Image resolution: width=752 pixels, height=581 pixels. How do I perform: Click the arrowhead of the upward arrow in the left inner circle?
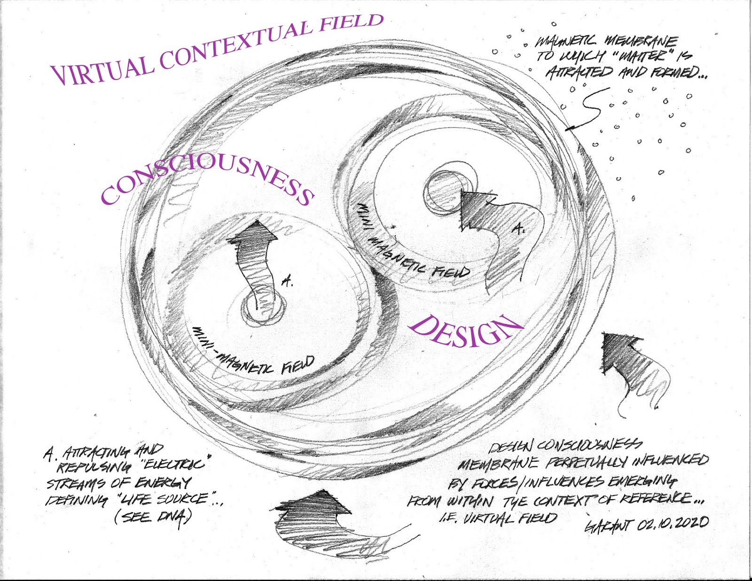point(253,232)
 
